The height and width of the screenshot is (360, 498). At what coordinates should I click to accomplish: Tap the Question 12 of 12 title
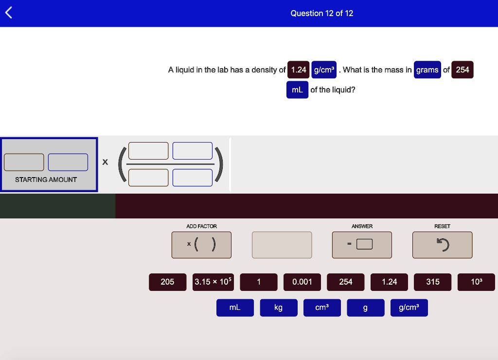[322, 13]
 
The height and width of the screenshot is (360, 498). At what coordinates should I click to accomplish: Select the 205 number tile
[167, 282]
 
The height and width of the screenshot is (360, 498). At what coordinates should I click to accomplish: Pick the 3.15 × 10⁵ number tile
[213, 282]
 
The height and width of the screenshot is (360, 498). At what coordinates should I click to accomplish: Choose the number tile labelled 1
[259, 282]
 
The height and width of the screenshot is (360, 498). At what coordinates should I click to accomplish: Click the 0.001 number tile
[302, 282]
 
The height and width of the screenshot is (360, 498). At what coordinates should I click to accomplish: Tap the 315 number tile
[432, 282]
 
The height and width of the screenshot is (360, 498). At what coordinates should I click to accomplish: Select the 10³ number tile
[476, 282]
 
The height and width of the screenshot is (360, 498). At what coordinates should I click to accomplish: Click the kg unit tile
[279, 307]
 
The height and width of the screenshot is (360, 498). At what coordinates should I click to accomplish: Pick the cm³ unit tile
[322, 307]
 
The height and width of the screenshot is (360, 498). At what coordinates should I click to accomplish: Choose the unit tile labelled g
[366, 307]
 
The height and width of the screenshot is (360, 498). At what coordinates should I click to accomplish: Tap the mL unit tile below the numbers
[235, 307]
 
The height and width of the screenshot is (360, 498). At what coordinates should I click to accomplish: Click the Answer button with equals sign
[362, 245]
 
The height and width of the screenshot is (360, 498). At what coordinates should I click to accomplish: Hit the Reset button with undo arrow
[442, 245]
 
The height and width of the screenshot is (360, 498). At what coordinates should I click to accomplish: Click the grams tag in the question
[427, 70]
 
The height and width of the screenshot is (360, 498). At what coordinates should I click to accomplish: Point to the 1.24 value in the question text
[298, 70]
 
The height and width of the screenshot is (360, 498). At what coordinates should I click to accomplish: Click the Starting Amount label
[46, 180]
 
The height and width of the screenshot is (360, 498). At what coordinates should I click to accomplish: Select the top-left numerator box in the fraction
[148, 151]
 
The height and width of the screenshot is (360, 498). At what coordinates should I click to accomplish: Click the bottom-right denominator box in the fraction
[193, 178]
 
